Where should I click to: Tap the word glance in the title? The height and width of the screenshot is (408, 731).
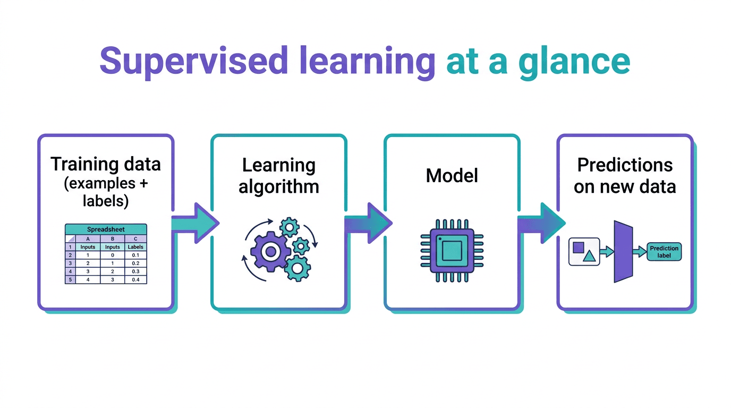tap(574, 62)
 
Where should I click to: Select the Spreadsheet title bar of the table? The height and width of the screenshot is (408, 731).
tap(106, 229)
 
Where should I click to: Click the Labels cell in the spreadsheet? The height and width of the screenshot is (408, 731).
tap(135, 247)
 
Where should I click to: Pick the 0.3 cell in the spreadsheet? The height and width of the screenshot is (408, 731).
tap(135, 271)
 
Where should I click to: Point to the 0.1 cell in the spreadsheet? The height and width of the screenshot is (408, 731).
tap(135, 255)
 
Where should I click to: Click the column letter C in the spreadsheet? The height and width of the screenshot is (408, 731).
tap(135, 239)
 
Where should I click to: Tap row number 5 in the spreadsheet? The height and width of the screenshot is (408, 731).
tap(70, 279)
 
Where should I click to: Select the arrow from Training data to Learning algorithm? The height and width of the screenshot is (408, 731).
tap(195, 223)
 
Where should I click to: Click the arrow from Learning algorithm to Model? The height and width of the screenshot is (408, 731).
tap(369, 223)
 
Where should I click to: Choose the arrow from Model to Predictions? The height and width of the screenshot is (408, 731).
tap(541, 223)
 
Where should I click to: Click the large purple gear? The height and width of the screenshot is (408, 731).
tap(270, 252)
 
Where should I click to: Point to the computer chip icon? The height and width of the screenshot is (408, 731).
tap(452, 251)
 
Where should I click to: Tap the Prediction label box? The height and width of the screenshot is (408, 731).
tap(664, 252)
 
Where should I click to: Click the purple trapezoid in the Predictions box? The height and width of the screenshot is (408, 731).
tap(623, 252)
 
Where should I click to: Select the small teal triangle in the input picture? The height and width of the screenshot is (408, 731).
tap(589, 256)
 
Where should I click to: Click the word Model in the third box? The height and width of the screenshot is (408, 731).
tap(452, 176)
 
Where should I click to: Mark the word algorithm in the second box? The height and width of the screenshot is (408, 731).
tap(279, 187)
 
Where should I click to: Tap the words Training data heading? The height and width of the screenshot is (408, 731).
tap(106, 164)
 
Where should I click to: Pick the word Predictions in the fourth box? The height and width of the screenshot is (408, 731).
tap(625, 165)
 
